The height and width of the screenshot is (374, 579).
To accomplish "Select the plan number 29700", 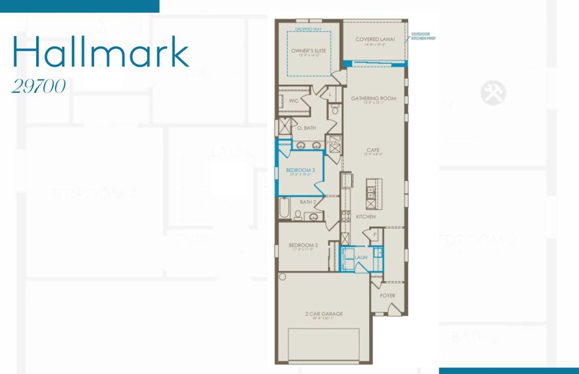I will (x=39, y=87).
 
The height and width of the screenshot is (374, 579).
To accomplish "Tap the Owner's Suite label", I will (x=309, y=50).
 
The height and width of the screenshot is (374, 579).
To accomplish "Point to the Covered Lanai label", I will (x=373, y=40).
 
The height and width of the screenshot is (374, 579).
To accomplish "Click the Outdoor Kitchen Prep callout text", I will (x=423, y=37).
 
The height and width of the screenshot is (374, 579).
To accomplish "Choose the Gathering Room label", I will (x=373, y=98).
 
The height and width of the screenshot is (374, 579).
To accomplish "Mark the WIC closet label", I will (x=292, y=100).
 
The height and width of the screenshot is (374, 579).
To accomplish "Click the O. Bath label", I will (x=306, y=128).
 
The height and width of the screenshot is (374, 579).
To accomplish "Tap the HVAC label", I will (x=333, y=143).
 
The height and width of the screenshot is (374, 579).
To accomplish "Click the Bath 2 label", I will (x=308, y=202).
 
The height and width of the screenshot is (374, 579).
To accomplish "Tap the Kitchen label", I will (x=366, y=216).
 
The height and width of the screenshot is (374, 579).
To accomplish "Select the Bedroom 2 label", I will (x=304, y=246).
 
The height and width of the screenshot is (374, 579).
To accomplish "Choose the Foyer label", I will (x=387, y=295).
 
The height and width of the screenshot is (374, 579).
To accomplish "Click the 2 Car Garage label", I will (x=323, y=314).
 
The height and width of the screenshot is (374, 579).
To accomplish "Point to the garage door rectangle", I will (x=323, y=344).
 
